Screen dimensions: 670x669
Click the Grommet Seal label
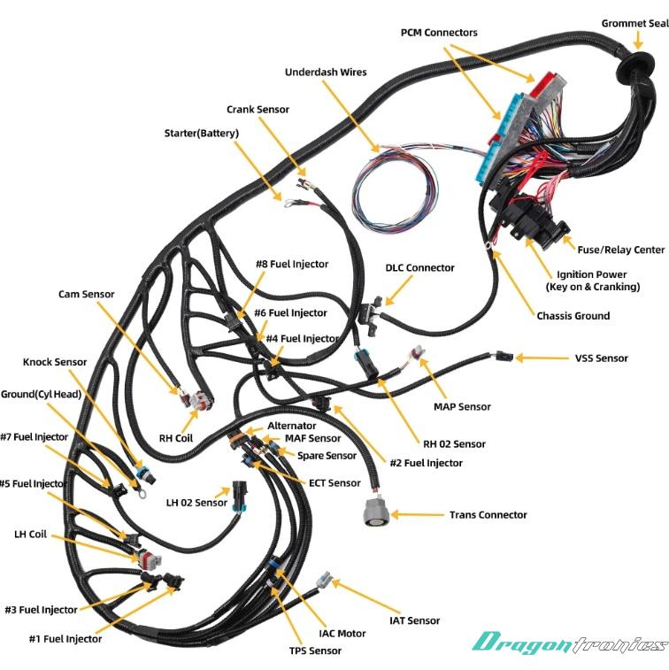point(634,24)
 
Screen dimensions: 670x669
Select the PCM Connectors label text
point(438,33)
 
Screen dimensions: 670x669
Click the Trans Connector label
point(488,514)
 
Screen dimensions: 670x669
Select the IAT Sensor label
point(414,620)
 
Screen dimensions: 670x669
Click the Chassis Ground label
point(573,315)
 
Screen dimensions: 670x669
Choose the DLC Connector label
point(419,267)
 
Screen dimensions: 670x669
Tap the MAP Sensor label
point(462,406)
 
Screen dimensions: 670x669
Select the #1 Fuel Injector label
point(65,638)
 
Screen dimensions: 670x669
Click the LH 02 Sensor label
point(196,503)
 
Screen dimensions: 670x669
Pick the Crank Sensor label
point(258,110)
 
